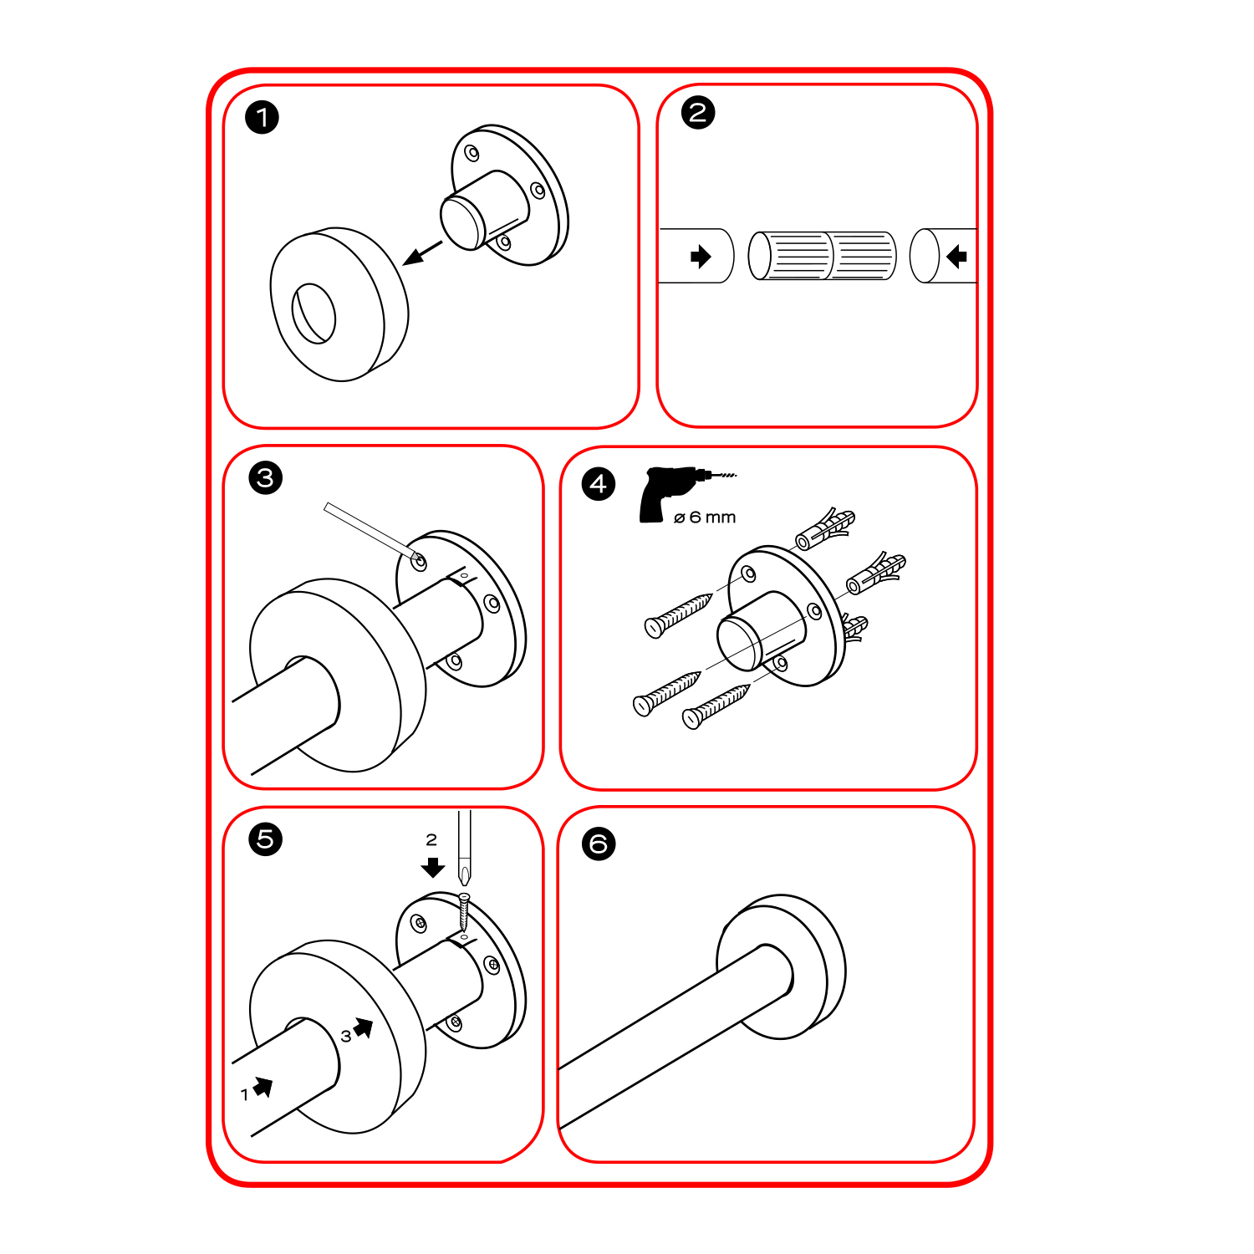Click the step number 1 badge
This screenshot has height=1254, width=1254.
coord(262,117)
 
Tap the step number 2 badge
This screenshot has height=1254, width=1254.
coord(698,112)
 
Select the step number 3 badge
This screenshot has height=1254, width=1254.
coord(266,478)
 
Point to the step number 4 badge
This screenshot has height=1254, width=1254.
coord(599,484)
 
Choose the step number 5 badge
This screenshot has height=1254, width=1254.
coord(266,839)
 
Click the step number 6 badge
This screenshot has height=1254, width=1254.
coord(599,844)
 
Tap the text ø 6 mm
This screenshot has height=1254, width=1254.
coord(705,517)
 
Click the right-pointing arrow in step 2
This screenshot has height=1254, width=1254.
coord(701,257)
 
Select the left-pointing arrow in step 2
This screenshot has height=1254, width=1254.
coord(956,257)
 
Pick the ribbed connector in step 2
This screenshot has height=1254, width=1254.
coord(822,256)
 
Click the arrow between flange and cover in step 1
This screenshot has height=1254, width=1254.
coord(422,253)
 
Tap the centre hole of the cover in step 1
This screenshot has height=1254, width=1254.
coord(313,313)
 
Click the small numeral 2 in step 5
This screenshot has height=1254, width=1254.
coord(431,839)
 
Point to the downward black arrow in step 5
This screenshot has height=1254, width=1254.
coord(433,867)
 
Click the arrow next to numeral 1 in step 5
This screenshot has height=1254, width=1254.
coord(263,1087)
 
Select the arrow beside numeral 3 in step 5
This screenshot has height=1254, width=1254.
coord(364,1027)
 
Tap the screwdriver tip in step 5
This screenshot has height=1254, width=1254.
coord(464,881)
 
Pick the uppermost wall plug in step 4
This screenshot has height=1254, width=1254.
coord(826,528)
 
